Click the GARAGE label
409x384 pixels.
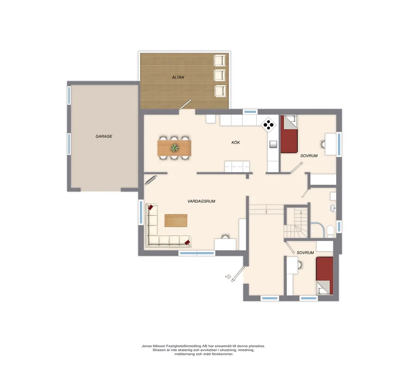click(104, 136)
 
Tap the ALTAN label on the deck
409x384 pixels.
click(178, 78)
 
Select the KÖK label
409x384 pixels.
click(236, 143)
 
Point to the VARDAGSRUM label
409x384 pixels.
click(201, 201)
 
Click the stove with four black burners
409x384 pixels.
click(269, 125)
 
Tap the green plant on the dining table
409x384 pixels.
click(174, 148)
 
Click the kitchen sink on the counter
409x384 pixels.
click(273, 145)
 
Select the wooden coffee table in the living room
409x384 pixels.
click(176, 221)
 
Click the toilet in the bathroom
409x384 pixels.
click(331, 232)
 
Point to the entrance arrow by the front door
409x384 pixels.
click(228, 277)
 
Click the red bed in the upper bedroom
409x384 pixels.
click(289, 134)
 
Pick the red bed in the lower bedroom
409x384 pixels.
click(325, 276)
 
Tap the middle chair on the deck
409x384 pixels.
click(220, 76)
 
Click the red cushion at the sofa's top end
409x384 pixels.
click(150, 207)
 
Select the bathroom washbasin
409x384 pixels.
click(333, 208)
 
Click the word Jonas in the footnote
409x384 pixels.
click(146, 346)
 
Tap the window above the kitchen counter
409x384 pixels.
click(250, 111)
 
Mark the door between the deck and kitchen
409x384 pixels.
click(185, 105)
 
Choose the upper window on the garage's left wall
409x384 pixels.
click(69, 96)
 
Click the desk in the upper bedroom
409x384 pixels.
click(331, 144)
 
